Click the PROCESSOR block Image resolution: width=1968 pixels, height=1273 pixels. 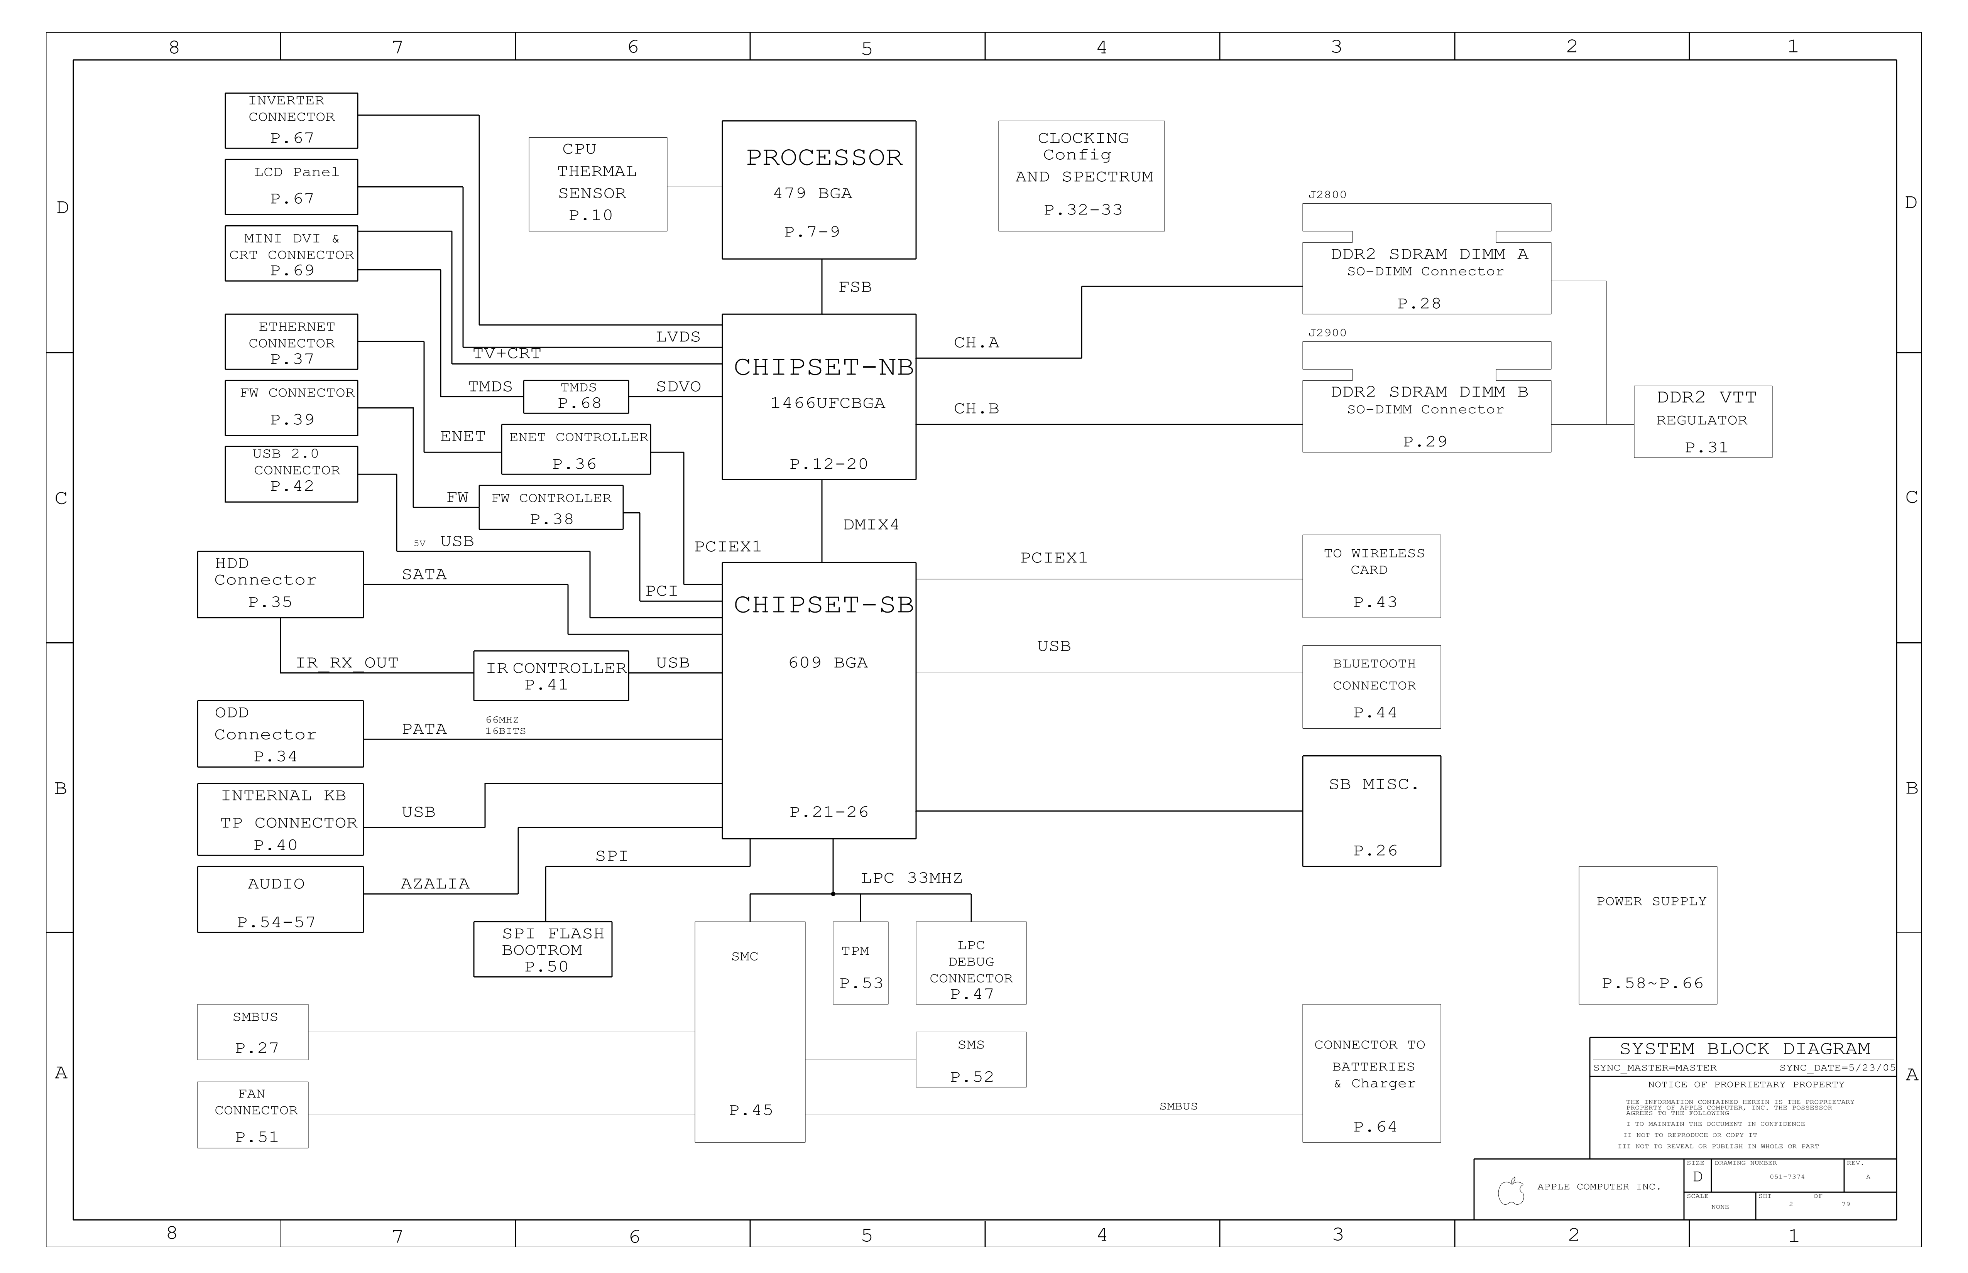818,190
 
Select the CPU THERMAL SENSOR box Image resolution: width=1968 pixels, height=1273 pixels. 598,184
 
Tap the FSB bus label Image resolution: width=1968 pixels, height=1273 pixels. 855,287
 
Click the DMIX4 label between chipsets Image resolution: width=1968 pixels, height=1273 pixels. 871,524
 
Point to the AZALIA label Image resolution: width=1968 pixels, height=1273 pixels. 435,884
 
